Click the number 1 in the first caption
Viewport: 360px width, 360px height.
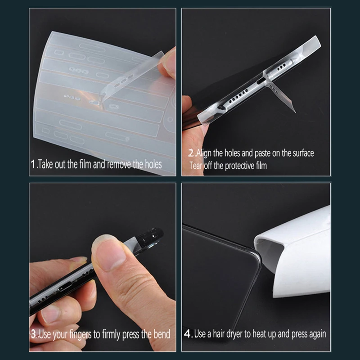point(33,164)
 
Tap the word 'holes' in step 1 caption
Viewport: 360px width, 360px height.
point(153,164)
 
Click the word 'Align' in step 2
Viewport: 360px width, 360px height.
point(203,153)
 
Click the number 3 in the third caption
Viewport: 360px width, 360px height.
point(34,334)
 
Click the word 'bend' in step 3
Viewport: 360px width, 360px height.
point(162,334)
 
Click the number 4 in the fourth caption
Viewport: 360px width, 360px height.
point(188,334)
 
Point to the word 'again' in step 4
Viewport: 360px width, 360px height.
point(318,334)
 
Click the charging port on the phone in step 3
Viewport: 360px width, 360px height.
point(65,288)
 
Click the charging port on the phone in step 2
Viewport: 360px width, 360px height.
point(261,81)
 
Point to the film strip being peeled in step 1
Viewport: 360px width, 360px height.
point(131,76)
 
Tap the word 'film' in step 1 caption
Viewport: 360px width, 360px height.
point(85,164)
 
